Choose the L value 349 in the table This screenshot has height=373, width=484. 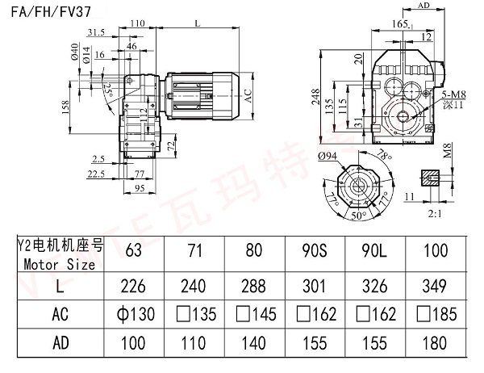(437, 283)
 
